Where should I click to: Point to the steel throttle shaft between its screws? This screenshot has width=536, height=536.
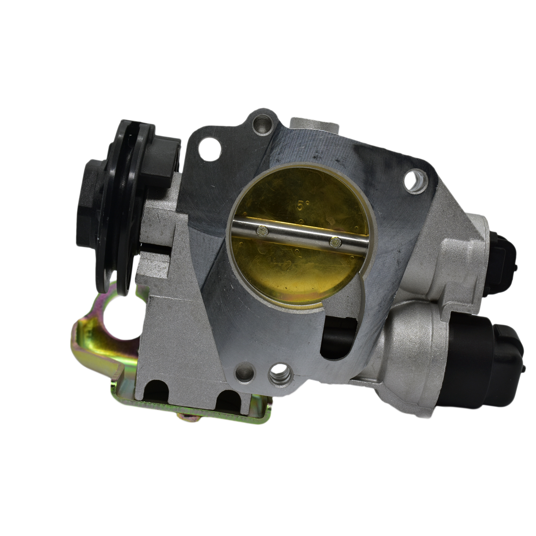pos(299,236)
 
